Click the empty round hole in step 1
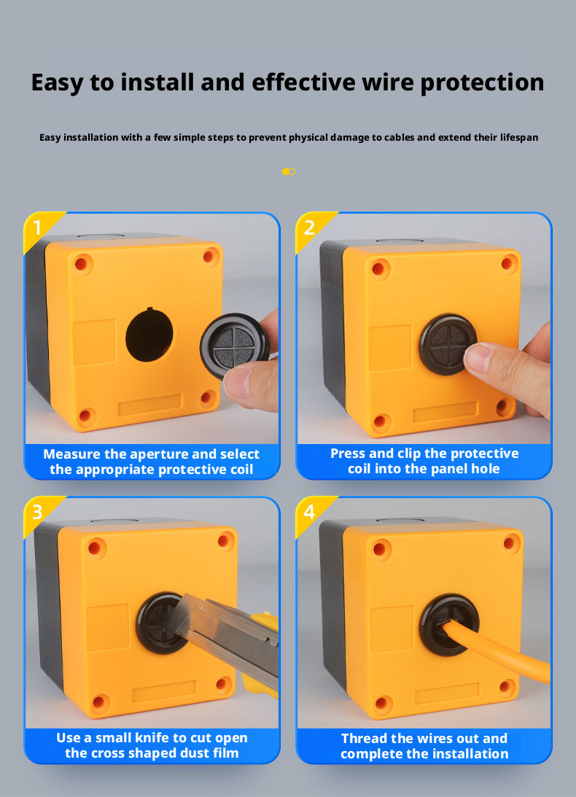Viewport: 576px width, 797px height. click(149, 335)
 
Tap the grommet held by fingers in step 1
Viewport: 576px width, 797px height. click(233, 345)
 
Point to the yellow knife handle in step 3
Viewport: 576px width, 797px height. click(262, 661)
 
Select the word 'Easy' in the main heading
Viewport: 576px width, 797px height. click(56, 82)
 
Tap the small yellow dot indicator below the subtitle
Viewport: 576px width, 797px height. click(286, 171)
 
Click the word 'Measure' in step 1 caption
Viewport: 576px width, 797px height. click(71, 454)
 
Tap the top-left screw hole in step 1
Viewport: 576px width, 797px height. click(82, 264)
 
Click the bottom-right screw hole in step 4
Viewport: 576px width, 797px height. click(506, 687)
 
